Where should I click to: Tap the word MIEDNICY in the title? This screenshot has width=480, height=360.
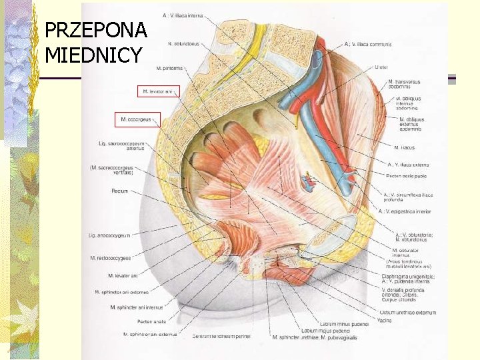[93, 55]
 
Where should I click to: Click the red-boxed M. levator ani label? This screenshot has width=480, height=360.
[159, 91]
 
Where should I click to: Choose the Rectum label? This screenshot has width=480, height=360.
[120, 191]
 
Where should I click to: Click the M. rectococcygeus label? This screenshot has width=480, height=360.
[111, 258]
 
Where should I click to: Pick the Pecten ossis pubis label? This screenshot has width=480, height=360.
[407, 175]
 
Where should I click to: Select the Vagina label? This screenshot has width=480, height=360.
[385, 321]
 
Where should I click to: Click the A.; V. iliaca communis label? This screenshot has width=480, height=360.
[369, 45]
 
